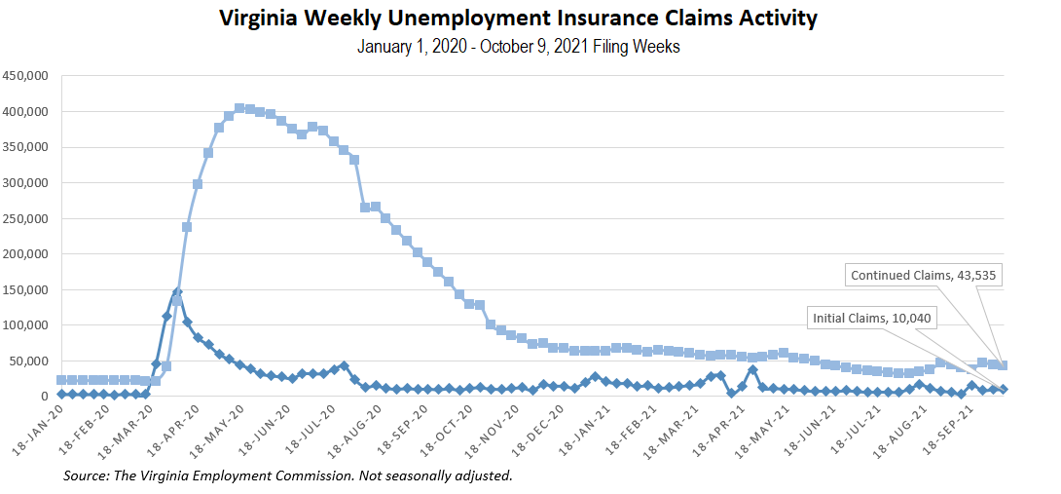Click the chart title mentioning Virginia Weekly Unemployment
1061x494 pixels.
(518, 19)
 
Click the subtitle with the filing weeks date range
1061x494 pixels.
(518, 47)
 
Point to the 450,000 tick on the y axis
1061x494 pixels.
(26, 76)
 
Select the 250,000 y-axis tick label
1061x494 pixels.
(26, 218)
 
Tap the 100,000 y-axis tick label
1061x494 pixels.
(26, 325)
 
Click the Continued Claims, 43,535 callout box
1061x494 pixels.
(925, 276)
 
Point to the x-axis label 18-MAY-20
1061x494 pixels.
(216, 429)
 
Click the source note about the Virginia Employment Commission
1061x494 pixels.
(287, 475)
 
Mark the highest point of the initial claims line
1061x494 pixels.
(177, 292)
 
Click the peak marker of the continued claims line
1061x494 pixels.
(239, 108)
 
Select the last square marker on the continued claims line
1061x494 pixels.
(1003, 365)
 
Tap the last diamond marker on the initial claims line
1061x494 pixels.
(1003, 390)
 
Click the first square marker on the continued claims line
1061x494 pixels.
(61, 380)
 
